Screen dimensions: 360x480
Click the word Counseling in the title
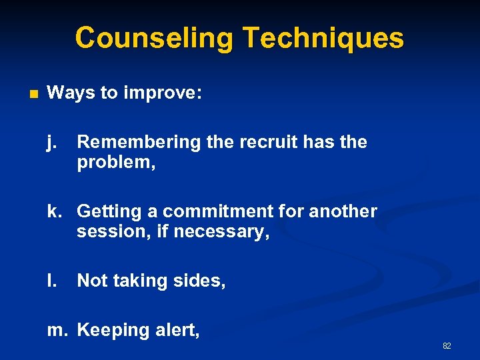(154, 38)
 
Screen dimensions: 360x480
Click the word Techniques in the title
(323, 38)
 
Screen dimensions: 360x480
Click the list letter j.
(51, 143)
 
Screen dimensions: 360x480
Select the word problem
(115, 163)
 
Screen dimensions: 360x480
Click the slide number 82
(447, 346)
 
